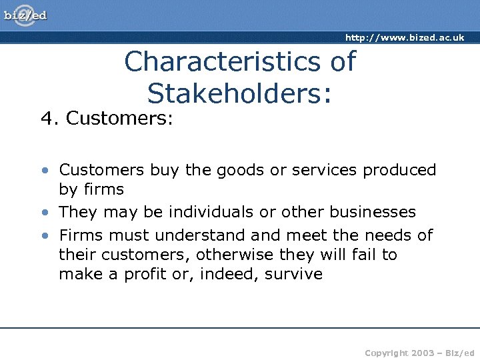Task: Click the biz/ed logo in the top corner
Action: point(26,15)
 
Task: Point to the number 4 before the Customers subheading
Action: point(46,119)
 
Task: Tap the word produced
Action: point(399,170)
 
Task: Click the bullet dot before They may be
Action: point(44,213)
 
